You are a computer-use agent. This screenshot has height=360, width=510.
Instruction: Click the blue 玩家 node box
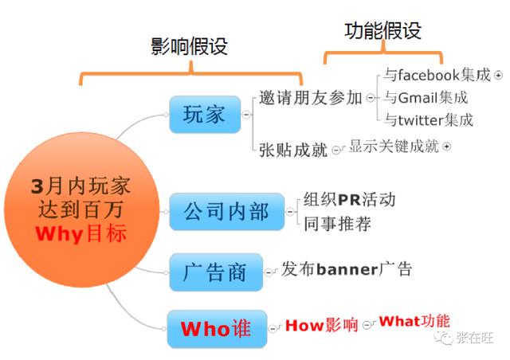[205, 115]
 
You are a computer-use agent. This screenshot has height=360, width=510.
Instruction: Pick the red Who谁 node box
[215, 327]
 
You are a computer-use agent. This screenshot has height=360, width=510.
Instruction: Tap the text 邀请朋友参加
[310, 98]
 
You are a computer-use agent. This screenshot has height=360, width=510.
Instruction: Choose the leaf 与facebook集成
[437, 76]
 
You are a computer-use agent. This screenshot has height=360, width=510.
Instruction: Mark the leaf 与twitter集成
[428, 120]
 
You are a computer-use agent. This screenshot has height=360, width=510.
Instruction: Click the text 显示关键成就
[394, 147]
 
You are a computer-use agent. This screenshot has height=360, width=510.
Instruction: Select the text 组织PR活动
[349, 199]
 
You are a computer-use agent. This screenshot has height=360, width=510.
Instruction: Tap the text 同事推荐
[337, 223]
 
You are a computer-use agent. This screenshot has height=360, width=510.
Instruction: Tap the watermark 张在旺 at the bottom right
[475, 338]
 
